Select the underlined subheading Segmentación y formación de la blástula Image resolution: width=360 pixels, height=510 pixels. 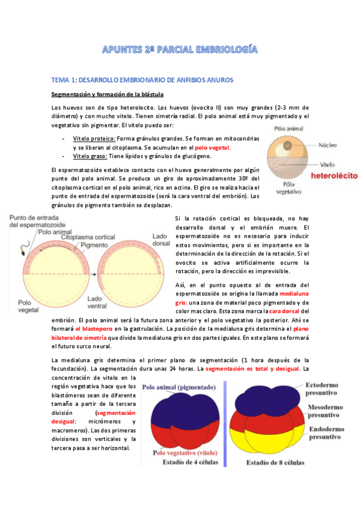(x=107, y=94)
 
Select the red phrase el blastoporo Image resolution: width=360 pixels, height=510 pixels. (x=97, y=329)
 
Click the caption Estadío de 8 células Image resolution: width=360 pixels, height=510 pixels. (x=276, y=463)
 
